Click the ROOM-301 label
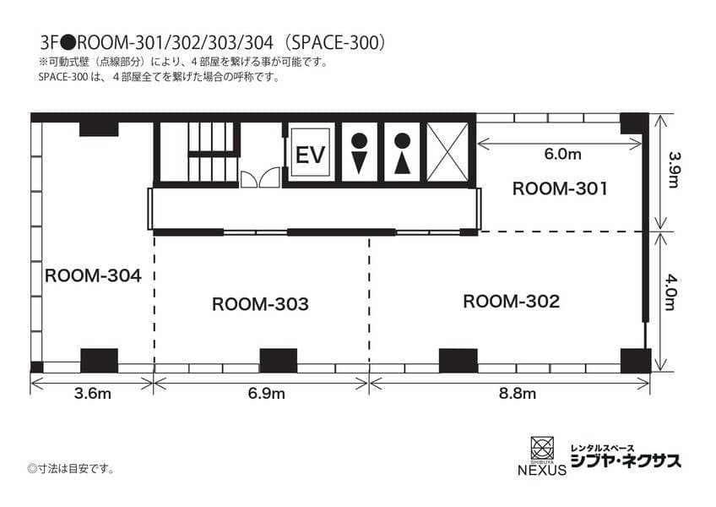560,188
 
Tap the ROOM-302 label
512,302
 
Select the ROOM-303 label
260,304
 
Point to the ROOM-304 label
93,275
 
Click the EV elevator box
311,153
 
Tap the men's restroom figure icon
360,153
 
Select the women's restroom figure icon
402,153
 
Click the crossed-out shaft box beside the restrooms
447,152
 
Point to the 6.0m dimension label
562,154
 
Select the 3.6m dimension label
93,394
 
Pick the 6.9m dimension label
266,394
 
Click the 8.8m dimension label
518,394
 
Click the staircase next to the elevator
214,151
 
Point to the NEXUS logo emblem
542,448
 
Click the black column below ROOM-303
279,361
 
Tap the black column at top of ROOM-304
99,128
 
